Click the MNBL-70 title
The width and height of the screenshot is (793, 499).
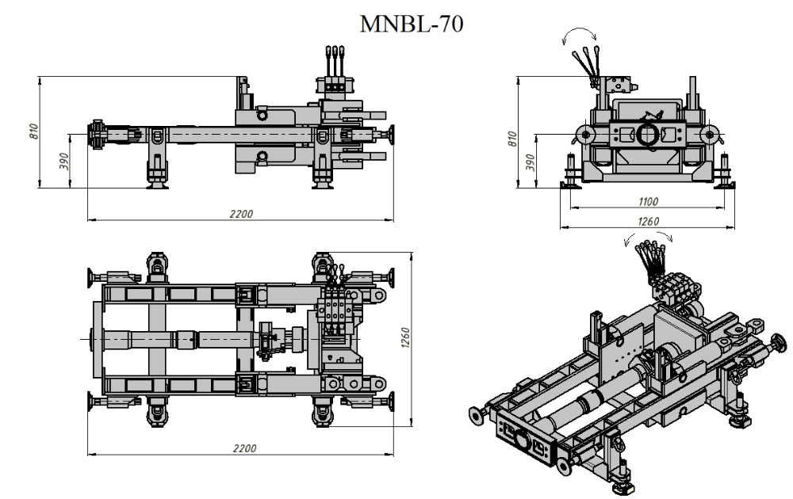pos(411,24)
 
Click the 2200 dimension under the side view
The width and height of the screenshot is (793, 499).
pos(241,214)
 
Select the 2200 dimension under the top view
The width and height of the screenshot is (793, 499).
pos(245,448)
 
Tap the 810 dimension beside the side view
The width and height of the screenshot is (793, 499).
pos(33,131)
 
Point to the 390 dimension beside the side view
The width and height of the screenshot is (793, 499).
pos(63,161)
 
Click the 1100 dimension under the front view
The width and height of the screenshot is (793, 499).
pos(648,202)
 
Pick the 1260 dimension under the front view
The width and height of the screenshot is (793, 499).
pos(648,221)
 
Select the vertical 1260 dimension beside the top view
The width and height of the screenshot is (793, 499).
pos(405,337)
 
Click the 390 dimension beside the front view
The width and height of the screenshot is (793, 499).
pos(530,162)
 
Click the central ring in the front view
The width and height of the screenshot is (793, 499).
pos(648,134)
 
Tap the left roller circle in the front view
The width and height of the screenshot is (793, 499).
pos(586,135)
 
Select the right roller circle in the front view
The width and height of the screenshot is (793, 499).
pos(710,135)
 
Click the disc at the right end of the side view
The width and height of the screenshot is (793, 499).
pos(391,135)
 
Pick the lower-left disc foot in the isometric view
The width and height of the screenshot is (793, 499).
pos(475,415)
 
